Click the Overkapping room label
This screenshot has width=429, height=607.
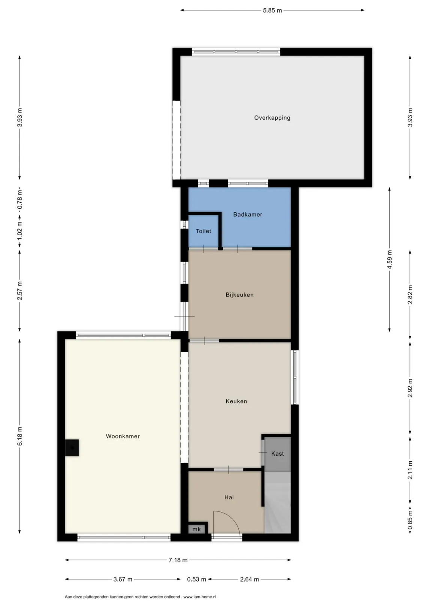(272, 118)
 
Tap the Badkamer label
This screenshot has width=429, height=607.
(248, 215)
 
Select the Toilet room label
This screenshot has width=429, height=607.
(203, 231)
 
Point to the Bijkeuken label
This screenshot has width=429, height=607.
(239, 295)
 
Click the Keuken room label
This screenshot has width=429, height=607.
(236, 401)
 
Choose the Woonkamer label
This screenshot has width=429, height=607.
(123, 436)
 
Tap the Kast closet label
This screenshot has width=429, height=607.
(278, 454)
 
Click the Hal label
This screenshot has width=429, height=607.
(229, 497)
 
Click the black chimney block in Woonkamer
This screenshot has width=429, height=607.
(72, 448)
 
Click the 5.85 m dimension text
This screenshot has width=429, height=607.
(272, 10)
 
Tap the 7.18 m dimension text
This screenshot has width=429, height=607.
(178, 560)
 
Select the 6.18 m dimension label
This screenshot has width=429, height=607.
(20, 436)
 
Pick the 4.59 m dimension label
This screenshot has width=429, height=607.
(390, 259)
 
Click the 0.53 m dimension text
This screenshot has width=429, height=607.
(196, 579)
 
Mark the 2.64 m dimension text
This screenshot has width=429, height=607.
(249, 579)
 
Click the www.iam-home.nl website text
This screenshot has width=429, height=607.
(200, 597)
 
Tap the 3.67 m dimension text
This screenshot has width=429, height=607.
(123, 579)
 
